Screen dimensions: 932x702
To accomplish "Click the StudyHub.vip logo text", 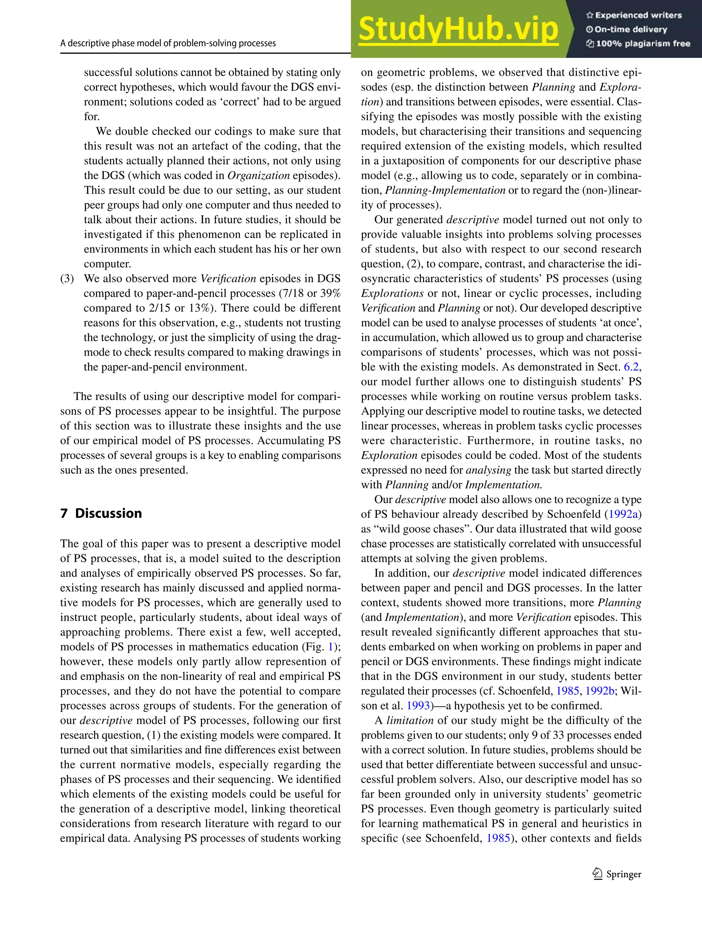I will coord(458,29).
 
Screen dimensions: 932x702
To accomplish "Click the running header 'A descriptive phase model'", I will coord(168,44).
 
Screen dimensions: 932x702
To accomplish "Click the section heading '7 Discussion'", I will coord(101,513).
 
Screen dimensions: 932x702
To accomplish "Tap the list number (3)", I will coord(67,278).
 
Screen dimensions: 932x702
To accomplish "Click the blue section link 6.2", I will coord(631,367).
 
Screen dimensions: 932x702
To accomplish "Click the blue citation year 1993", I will coord(418,706).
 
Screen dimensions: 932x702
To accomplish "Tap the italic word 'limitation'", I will coord(410,720).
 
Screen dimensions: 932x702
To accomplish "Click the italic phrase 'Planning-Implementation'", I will coord(445,190).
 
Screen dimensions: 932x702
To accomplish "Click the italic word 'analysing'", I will coord(488,470).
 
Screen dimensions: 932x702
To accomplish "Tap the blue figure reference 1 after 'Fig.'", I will coord(330,647).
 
